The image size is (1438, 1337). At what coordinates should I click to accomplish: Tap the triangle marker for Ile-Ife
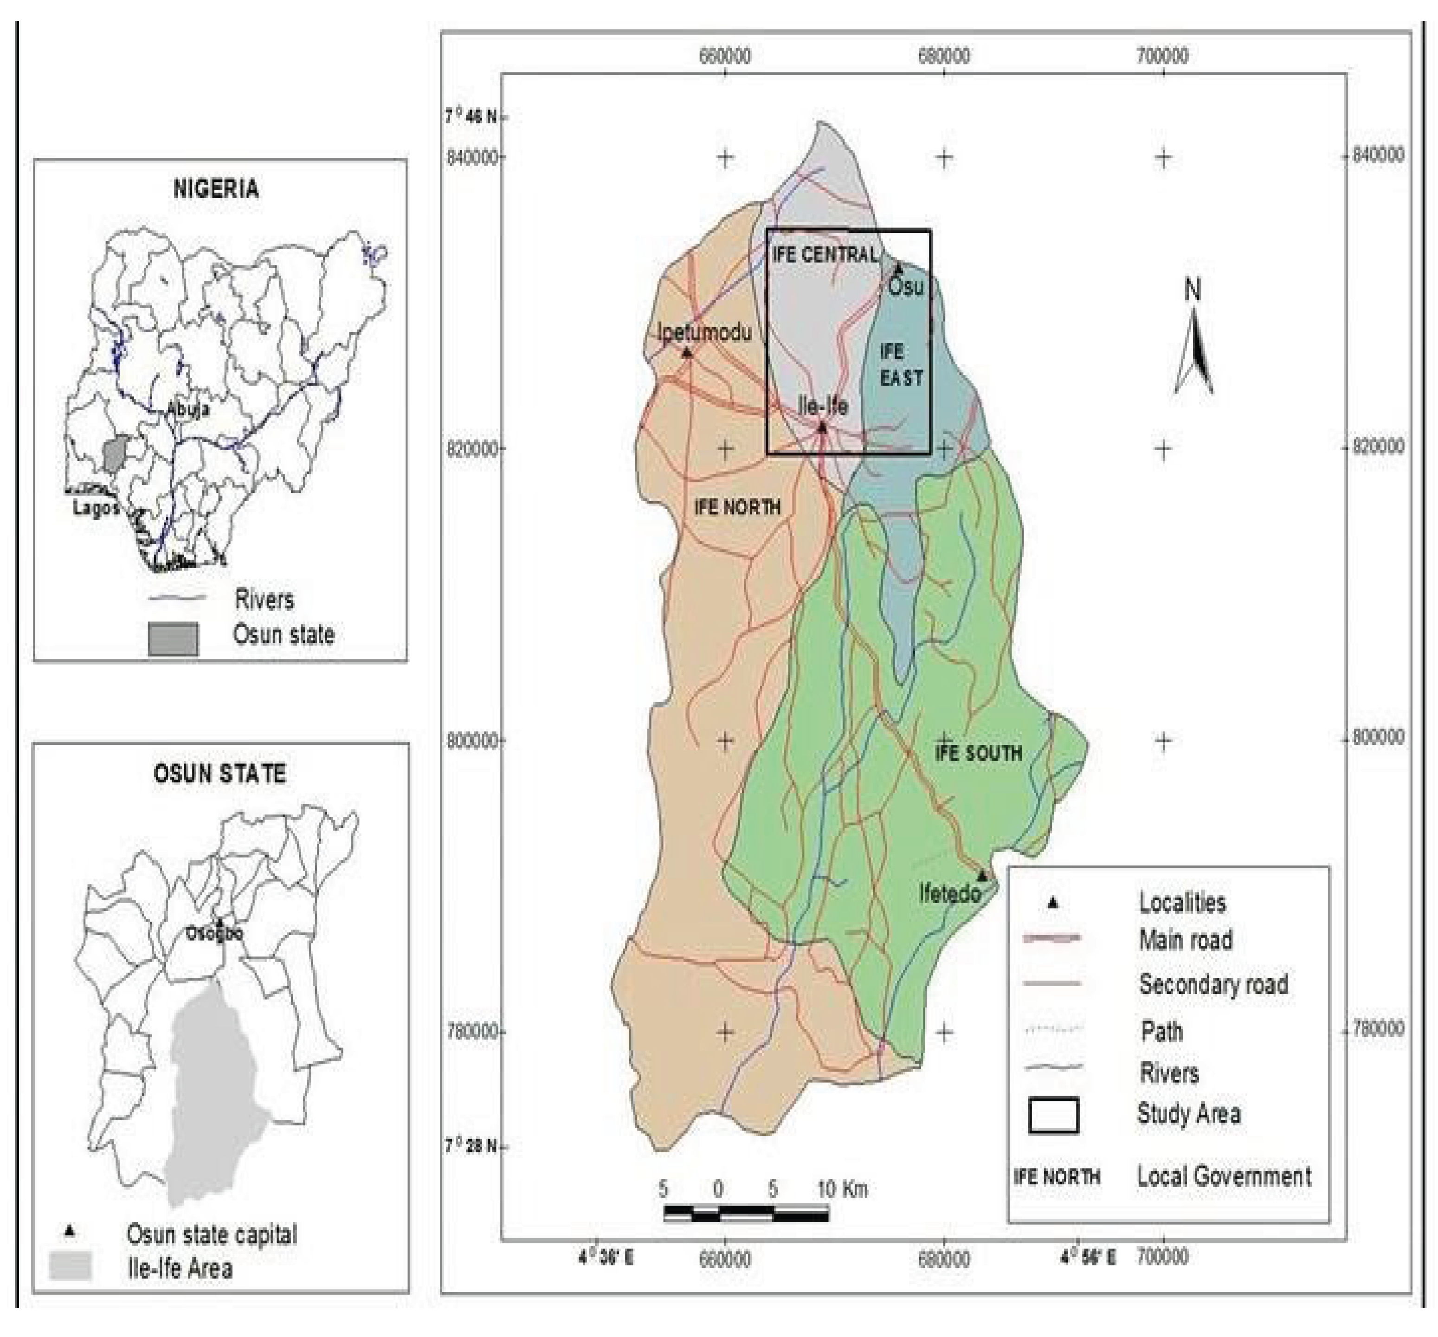pos(822,427)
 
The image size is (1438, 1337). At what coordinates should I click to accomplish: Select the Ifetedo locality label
pos(950,894)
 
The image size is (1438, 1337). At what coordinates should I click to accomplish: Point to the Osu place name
pos(906,287)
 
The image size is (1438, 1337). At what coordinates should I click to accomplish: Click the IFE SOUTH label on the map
pos(978,753)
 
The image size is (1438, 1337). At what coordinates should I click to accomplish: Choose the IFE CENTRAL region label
pos(825,255)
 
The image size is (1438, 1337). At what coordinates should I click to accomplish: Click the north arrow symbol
pos(1193,344)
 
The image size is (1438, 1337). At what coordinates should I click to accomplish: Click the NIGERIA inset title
pos(216,189)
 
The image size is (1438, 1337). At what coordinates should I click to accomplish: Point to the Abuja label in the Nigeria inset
pos(188,409)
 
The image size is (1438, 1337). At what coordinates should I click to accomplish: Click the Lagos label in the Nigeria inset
pos(96,509)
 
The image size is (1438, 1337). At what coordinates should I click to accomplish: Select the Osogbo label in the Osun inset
pos(215,933)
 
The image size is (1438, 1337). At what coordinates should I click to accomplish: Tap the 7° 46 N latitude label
pos(471,116)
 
